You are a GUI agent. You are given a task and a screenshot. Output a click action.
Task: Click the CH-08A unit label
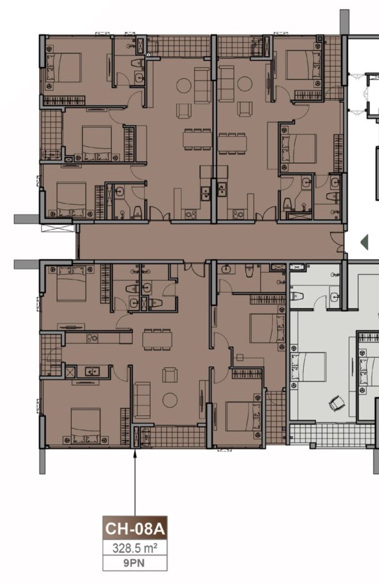point(135,529)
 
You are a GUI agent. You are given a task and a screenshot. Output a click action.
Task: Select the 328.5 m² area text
point(135,548)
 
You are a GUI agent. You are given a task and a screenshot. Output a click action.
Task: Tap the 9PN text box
point(135,563)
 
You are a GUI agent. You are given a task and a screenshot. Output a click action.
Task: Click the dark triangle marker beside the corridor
point(365,242)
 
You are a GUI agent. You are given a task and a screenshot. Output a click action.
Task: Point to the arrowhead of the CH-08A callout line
point(135,452)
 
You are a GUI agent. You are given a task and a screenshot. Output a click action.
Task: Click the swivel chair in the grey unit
point(337,403)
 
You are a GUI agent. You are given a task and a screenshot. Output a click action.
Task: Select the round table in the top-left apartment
point(184,86)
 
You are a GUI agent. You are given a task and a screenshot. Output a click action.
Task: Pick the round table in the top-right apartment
point(244,84)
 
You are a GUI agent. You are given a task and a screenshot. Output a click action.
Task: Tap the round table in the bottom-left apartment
point(170,400)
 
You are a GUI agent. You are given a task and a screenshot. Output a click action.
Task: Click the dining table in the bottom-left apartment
point(157,339)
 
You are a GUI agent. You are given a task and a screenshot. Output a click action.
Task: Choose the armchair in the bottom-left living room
point(170,375)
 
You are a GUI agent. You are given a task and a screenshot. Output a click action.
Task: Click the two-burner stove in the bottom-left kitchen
point(92,338)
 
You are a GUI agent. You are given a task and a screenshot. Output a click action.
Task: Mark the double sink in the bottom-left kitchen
point(91,371)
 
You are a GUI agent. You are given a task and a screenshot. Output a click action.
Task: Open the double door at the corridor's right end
point(337,242)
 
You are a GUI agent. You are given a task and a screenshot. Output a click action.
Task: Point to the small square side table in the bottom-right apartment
point(239,358)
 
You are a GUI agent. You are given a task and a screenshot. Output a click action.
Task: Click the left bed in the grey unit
point(308,367)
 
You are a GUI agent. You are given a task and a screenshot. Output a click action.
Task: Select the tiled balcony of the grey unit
point(331,434)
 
